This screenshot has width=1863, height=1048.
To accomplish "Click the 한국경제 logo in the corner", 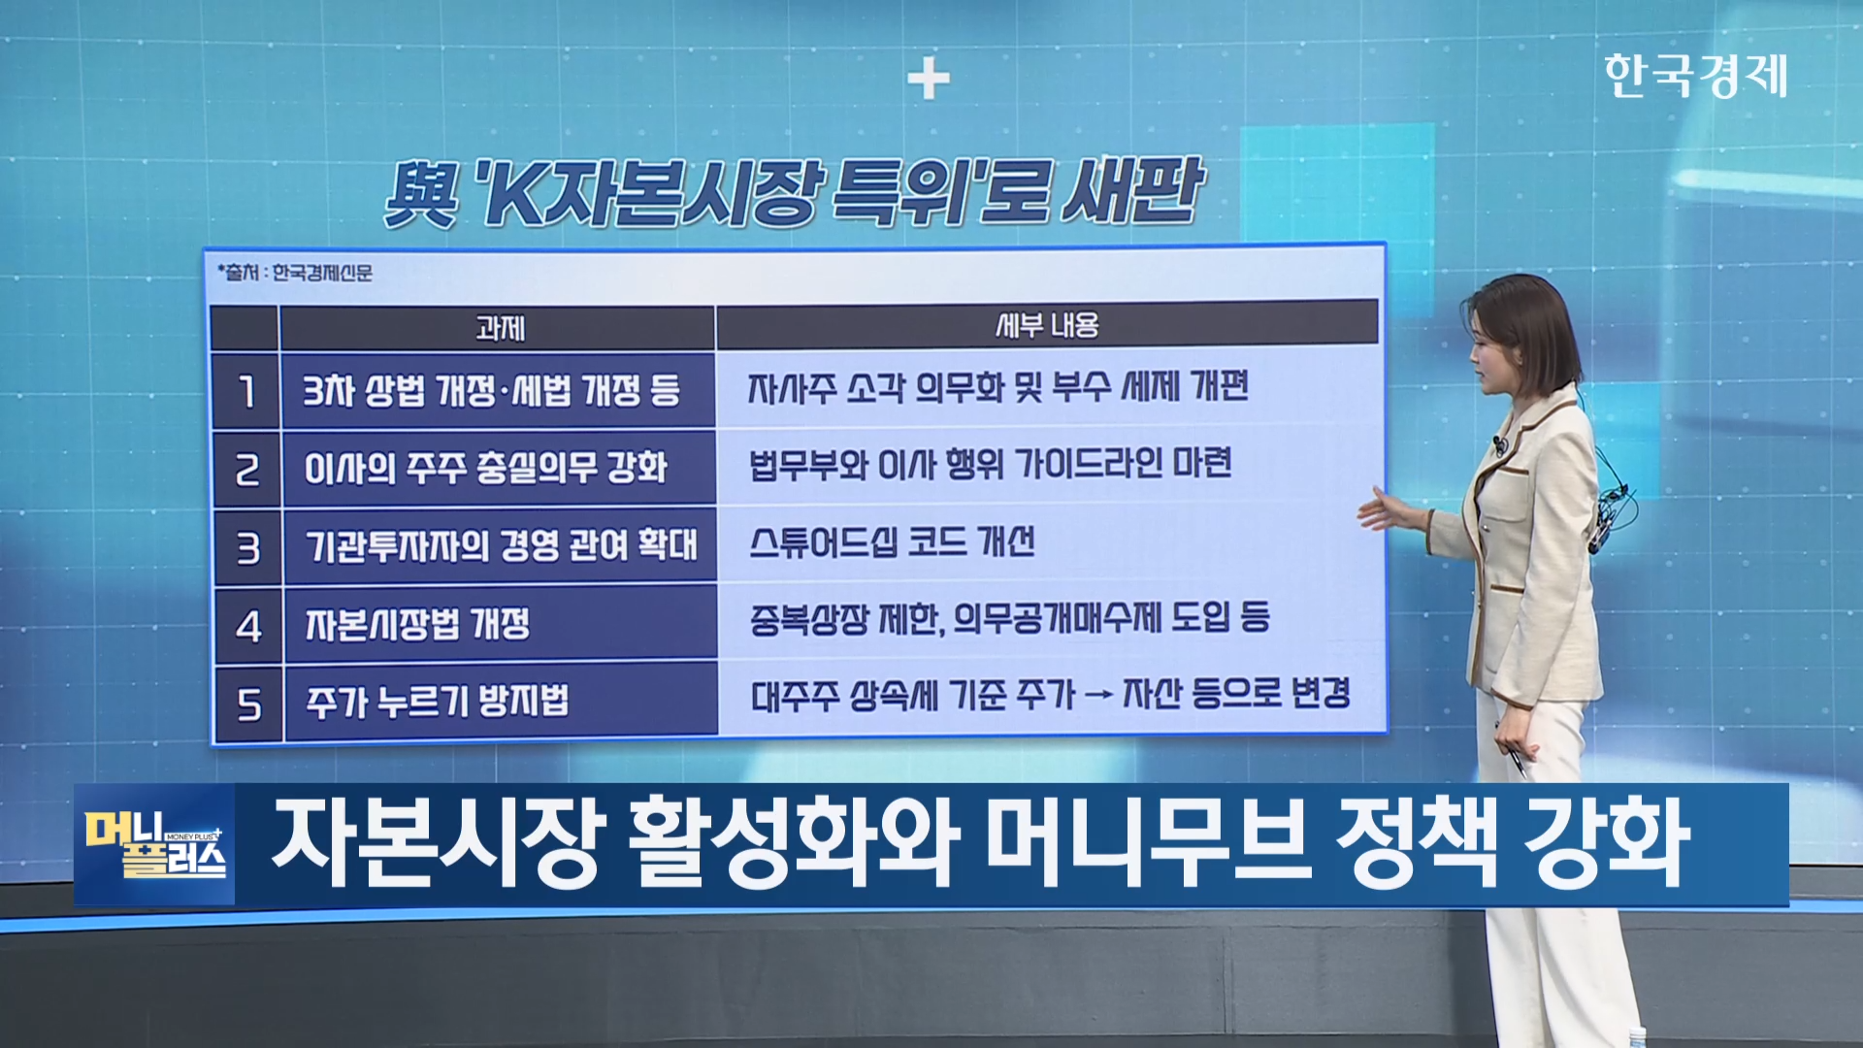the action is point(1695,76).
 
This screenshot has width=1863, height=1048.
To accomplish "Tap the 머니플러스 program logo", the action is point(155,844).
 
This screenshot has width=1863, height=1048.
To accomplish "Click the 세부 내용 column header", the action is point(1047,325).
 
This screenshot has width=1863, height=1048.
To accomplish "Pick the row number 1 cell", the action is point(246,391).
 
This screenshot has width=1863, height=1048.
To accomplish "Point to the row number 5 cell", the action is point(249,704).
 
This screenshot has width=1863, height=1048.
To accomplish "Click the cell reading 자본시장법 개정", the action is point(500,624).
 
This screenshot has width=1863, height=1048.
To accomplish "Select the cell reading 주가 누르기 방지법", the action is point(501,702).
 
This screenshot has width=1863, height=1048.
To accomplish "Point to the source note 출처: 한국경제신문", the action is point(295,273).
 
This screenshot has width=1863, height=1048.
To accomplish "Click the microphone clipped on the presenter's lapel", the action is point(1500,447).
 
